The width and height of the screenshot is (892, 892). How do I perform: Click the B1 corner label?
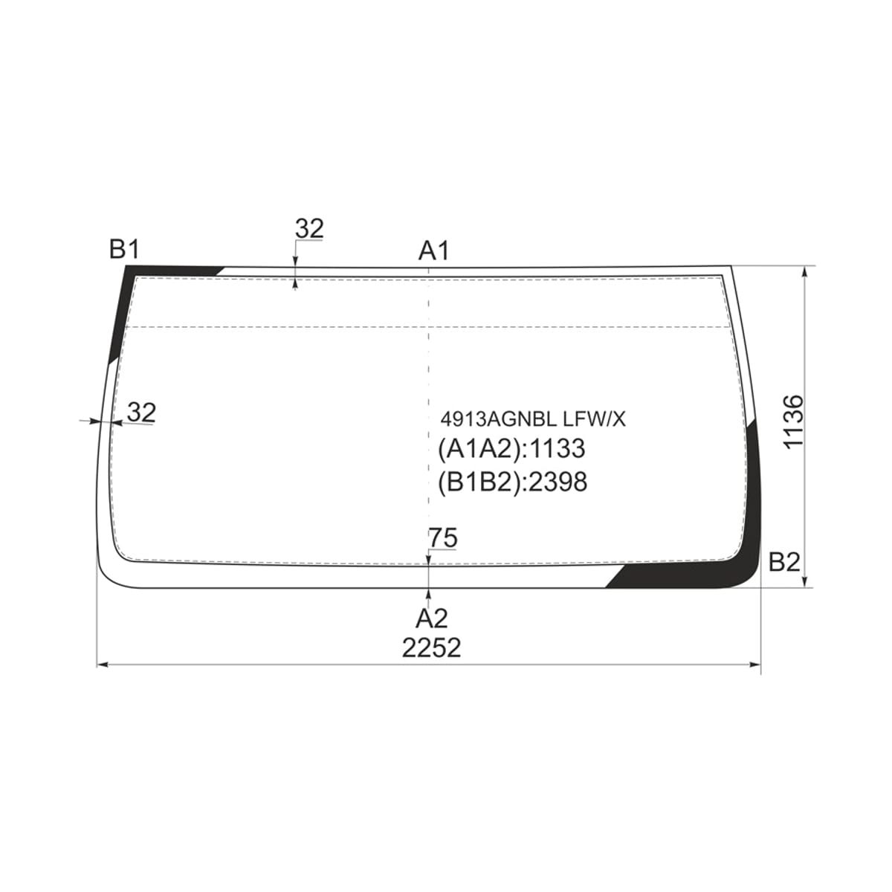tap(124, 250)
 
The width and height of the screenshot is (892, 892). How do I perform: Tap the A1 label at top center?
tap(433, 251)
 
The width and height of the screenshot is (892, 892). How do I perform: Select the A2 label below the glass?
tap(431, 618)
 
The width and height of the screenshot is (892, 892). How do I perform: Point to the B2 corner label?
tap(784, 562)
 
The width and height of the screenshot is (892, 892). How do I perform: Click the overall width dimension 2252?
tap(431, 648)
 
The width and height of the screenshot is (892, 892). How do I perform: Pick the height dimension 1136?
tap(793, 421)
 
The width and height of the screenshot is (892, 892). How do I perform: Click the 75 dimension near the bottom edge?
tap(443, 538)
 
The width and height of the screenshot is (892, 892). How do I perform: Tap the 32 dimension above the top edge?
tap(310, 229)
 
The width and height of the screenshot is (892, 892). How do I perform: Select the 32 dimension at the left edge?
tap(142, 412)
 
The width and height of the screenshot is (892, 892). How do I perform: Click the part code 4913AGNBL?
tap(498, 419)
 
